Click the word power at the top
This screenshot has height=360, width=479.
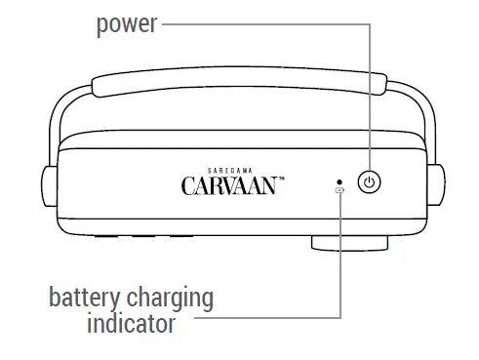coord(126,23)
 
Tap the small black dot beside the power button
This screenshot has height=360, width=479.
coord(339,180)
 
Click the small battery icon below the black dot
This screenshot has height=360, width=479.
coord(339,191)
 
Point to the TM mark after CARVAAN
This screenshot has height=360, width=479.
coord(281,179)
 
